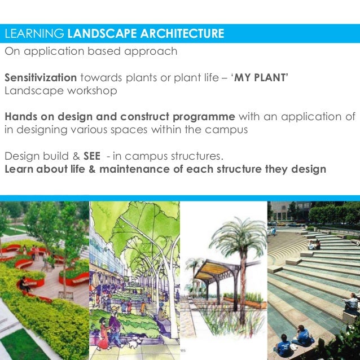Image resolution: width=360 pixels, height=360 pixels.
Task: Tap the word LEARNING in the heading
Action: coord(34,34)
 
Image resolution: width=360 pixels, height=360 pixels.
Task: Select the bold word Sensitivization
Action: coord(41,77)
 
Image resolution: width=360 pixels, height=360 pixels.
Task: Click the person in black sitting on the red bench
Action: coord(24,283)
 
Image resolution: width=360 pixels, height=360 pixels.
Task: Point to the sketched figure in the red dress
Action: coord(111,333)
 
